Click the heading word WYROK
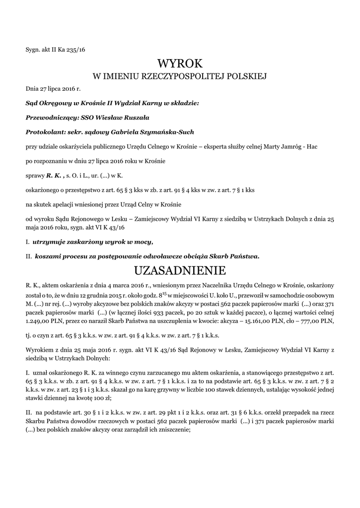click(180, 63)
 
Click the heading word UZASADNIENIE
click(180, 271)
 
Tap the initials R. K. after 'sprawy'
click(55, 175)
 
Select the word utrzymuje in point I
click(48, 242)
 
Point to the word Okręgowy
click(55, 104)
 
